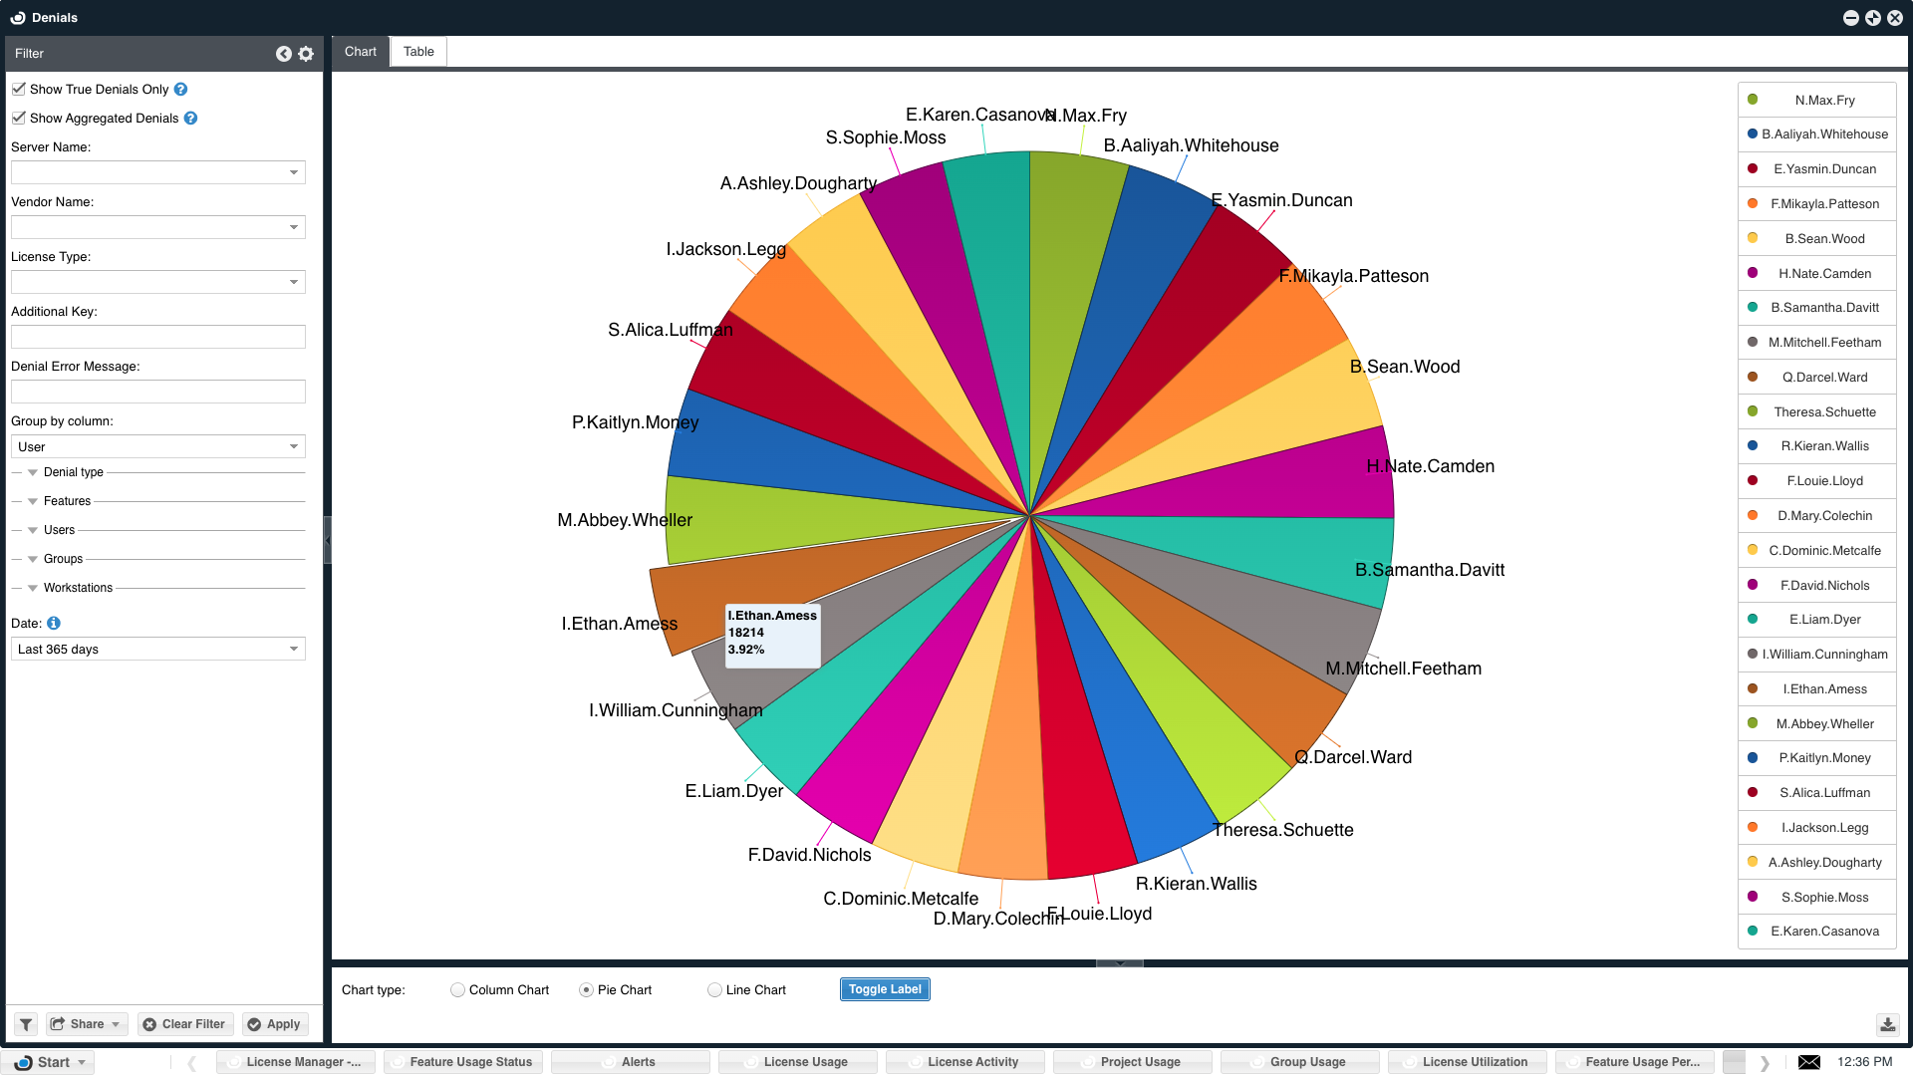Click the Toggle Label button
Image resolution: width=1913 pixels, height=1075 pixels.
(x=884, y=989)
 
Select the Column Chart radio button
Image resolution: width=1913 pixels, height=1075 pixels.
(x=457, y=990)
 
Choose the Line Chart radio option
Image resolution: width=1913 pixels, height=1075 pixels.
(x=714, y=990)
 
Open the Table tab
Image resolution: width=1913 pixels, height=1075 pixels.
(x=418, y=52)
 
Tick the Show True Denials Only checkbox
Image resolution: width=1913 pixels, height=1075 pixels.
(x=19, y=89)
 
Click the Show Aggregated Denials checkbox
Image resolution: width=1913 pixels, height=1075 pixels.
(x=19, y=118)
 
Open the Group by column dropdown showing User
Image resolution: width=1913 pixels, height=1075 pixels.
(x=157, y=446)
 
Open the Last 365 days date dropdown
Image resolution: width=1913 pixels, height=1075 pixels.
(x=157, y=650)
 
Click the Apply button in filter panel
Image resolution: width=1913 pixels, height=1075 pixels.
(x=274, y=1024)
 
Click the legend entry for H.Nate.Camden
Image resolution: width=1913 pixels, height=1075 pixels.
(x=1823, y=273)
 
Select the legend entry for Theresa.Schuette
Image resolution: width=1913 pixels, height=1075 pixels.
(x=1823, y=411)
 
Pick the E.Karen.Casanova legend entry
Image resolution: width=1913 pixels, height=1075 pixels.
(x=1823, y=932)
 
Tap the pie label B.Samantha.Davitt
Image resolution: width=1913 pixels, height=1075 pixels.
(x=1429, y=570)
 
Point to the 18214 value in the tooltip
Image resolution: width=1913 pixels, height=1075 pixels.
(x=746, y=633)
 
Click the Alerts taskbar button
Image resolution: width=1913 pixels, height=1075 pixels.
(x=638, y=1062)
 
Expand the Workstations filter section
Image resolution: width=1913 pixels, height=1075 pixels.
(x=33, y=588)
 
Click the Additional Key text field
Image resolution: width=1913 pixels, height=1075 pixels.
(x=157, y=337)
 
